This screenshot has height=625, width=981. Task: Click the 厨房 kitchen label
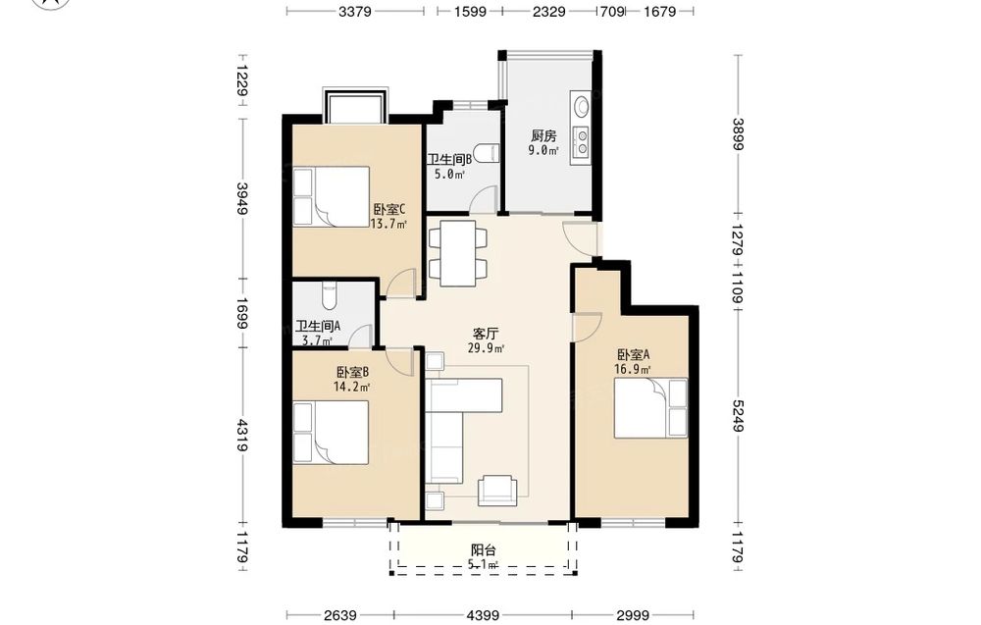click(543, 135)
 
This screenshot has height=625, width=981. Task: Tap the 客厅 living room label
click(486, 334)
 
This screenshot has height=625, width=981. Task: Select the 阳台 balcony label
click(484, 550)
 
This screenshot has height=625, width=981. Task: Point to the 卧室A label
click(633, 355)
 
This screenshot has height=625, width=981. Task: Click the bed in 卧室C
click(332, 196)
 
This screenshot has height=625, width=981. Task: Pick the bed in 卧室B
click(331, 433)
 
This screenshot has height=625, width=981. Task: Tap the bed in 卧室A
click(650, 407)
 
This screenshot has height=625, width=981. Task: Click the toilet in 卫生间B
click(485, 153)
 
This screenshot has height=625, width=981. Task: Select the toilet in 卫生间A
click(329, 295)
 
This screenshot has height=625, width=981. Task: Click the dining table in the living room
click(457, 253)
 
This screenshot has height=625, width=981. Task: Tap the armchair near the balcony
click(497, 490)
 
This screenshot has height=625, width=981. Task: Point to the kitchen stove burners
click(582, 141)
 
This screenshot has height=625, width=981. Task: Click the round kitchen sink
click(581, 106)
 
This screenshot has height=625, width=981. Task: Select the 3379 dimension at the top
click(355, 11)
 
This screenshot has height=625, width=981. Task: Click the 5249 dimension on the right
click(737, 415)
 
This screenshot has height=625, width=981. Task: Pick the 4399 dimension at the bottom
click(483, 615)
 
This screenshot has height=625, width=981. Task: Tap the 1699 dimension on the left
click(242, 313)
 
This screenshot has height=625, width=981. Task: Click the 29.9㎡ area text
click(487, 348)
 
